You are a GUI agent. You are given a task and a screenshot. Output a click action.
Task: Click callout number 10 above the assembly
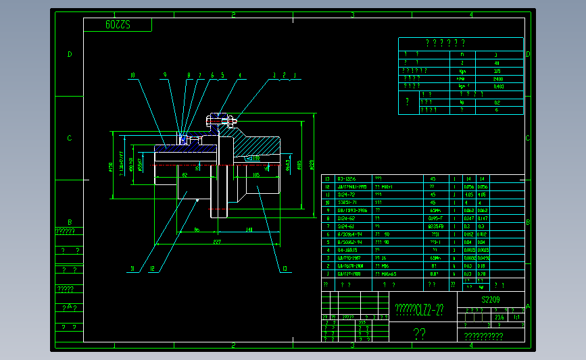(x=132, y=75)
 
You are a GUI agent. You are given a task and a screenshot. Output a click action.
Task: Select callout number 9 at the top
(x=164, y=75)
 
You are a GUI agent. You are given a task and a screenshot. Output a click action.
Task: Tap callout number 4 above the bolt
(x=239, y=75)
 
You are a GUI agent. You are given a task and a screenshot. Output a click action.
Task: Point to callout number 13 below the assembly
(x=285, y=269)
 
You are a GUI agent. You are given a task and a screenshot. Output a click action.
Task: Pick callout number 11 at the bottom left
(x=132, y=269)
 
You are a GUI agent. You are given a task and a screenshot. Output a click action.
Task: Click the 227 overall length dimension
(x=217, y=241)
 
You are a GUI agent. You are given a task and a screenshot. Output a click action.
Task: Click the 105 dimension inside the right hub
(x=256, y=175)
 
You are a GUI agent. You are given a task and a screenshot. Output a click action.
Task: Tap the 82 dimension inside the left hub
(x=185, y=175)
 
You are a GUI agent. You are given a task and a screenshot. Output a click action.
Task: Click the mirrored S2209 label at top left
(x=118, y=25)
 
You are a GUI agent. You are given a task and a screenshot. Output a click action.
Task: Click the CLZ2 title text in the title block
(x=420, y=310)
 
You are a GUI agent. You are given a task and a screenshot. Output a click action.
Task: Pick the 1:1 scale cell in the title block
(x=516, y=316)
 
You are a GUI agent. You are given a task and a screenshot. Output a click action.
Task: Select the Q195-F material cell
(x=434, y=218)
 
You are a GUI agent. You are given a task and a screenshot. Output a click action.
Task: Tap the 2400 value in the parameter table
(x=498, y=79)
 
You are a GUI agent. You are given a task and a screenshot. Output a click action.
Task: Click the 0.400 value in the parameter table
(x=498, y=86)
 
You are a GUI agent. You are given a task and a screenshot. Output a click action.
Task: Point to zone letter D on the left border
(x=70, y=55)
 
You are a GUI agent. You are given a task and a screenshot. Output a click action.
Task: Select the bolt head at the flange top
(x=209, y=122)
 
